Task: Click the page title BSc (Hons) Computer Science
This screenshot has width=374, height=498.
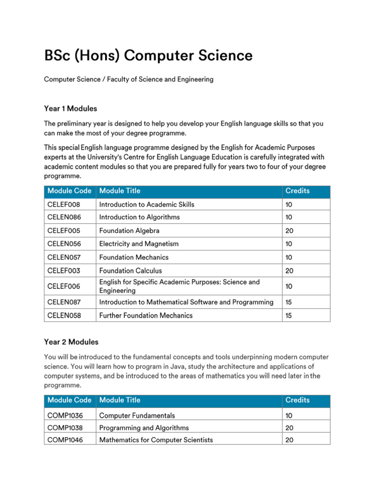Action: coord(148,56)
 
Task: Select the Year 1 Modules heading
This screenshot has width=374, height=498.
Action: coord(70,108)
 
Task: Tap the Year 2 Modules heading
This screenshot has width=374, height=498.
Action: coord(71,342)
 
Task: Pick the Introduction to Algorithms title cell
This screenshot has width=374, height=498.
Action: coord(139,217)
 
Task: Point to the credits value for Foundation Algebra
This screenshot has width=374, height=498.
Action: coord(289,231)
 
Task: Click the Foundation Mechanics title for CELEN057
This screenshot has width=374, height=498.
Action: coord(133,257)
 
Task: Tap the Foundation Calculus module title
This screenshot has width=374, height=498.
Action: coord(130,270)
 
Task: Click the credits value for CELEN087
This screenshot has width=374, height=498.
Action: coord(289,302)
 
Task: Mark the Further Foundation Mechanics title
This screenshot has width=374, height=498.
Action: coord(146,315)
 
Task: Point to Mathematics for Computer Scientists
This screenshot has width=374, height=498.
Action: coord(156,440)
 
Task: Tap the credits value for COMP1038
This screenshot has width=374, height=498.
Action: coord(289,428)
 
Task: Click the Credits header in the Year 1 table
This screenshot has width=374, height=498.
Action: coord(297,191)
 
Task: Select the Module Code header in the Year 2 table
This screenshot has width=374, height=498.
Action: coord(69,400)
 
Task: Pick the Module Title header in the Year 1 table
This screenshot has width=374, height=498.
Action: coord(119,191)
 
